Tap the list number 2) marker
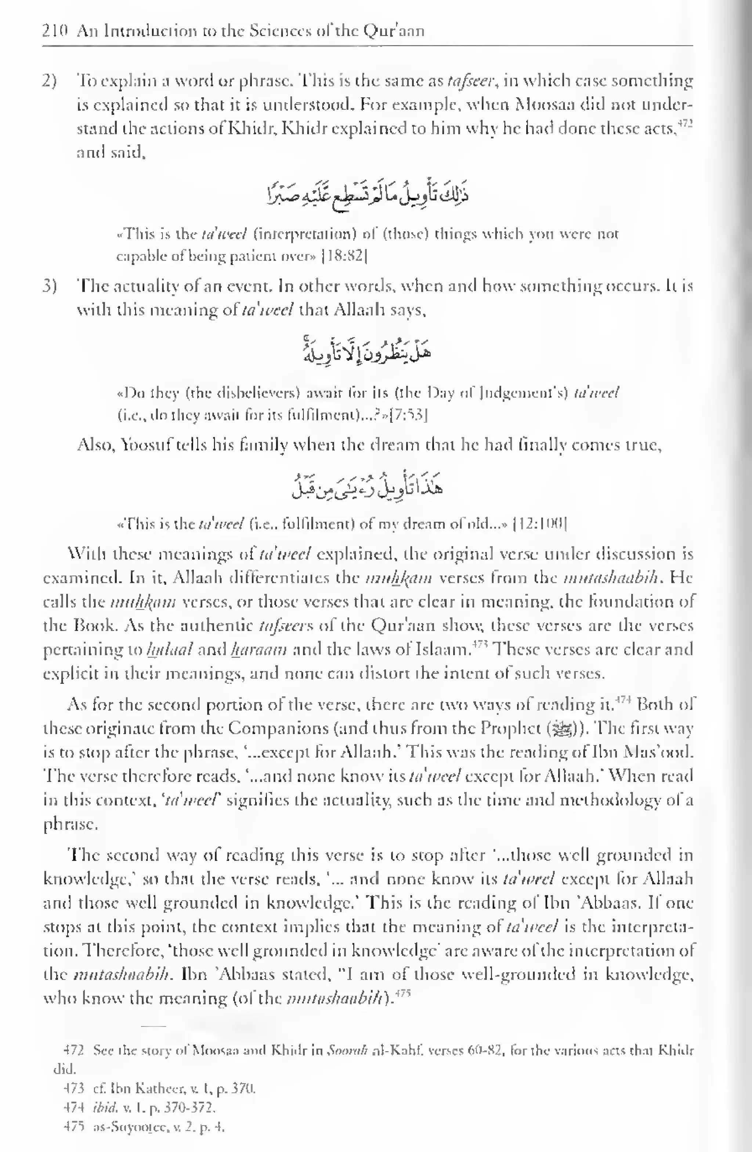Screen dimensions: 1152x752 [x=50, y=81]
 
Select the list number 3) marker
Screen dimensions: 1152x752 [x=50, y=287]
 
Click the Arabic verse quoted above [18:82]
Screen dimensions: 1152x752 [x=368, y=194]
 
